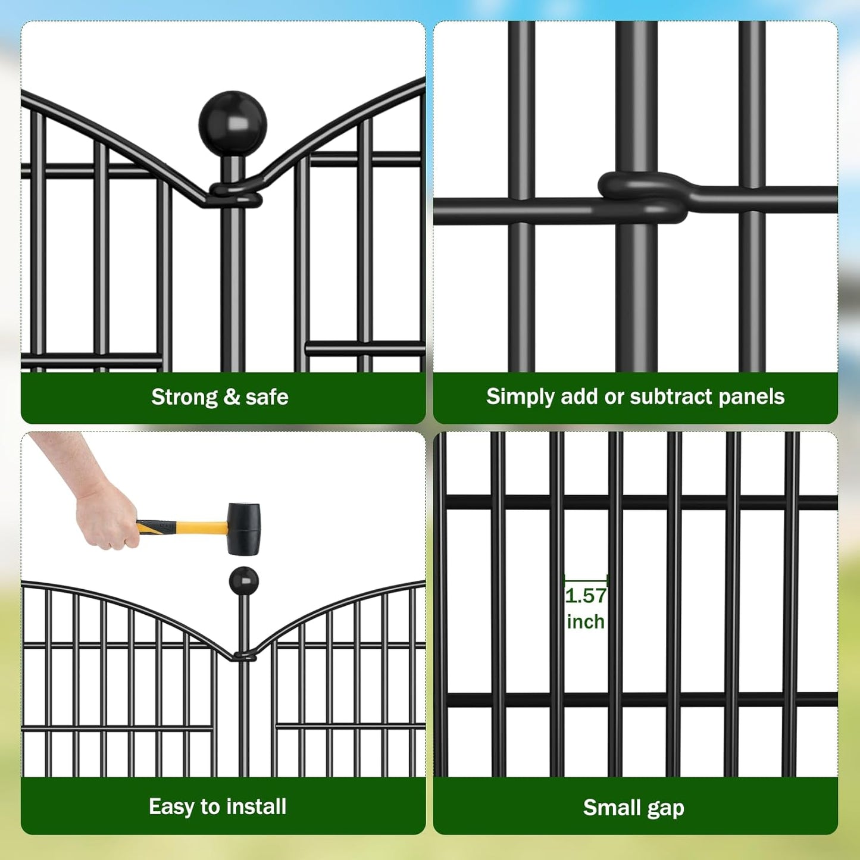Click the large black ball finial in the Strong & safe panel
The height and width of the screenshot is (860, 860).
coord(233,124)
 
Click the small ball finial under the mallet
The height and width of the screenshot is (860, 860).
coord(243,580)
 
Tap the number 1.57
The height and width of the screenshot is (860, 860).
coord(586,596)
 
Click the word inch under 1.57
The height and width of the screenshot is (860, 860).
coord(586,622)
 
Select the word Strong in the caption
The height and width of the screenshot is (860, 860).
coord(184,397)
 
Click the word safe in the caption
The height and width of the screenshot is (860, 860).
coord(267,397)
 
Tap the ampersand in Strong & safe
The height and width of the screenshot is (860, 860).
coord(232,397)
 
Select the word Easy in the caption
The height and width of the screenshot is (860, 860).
coord(171,807)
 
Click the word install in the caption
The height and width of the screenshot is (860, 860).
coord(257,807)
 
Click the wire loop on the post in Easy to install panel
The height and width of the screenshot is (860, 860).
coord(245,657)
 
